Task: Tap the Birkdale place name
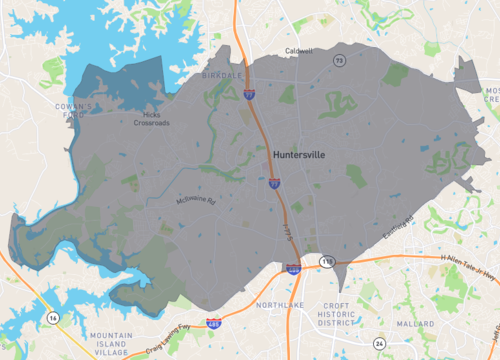click(221, 74)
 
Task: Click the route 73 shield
click(339, 61)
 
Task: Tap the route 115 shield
click(326, 261)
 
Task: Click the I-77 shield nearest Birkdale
click(247, 94)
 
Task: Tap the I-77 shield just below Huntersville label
click(274, 183)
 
